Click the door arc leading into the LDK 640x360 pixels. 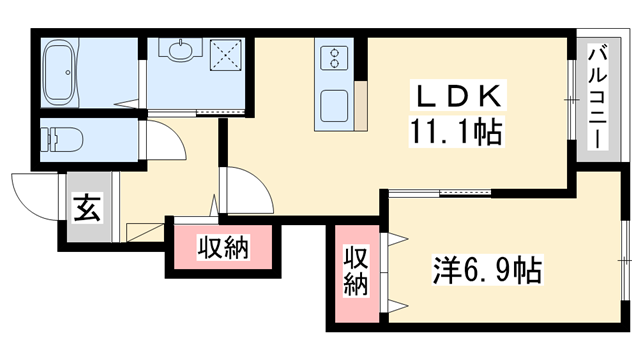(x=246, y=190)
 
